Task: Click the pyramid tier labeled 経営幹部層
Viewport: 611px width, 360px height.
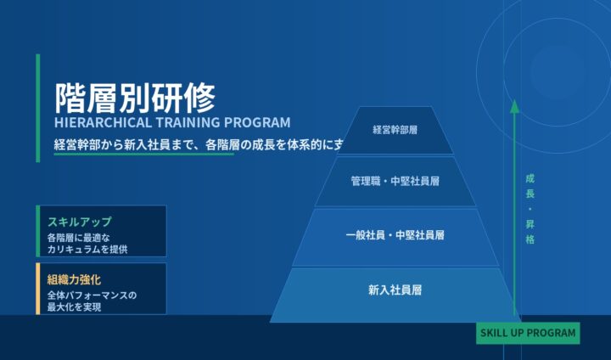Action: pyautogui.click(x=395, y=131)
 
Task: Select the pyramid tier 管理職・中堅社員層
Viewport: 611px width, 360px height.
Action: pyautogui.click(x=395, y=181)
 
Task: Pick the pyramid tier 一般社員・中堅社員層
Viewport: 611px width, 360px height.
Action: pyautogui.click(x=395, y=234)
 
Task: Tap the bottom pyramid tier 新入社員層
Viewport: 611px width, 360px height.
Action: pyautogui.click(x=395, y=290)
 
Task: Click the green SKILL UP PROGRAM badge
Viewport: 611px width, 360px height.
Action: pyautogui.click(x=527, y=333)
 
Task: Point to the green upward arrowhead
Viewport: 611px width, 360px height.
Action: pyautogui.click(x=513, y=106)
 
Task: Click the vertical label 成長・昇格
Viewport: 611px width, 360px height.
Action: pyautogui.click(x=530, y=209)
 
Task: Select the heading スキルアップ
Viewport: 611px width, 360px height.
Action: pyautogui.click(x=79, y=221)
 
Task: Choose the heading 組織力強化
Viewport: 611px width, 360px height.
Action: pyautogui.click(x=75, y=278)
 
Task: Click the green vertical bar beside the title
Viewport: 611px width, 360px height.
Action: pyautogui.click(x=37, y=107)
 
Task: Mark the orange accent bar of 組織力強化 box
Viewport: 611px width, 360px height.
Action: pyautogui.click(x=37, y=289)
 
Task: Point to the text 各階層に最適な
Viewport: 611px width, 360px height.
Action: pyautogui.click(x=79, y=237)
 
